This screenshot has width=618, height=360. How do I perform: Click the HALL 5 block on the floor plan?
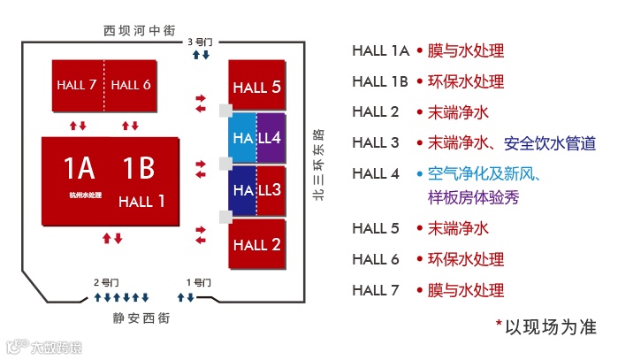point(256,86)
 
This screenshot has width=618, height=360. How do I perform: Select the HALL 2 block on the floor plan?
point(256,244)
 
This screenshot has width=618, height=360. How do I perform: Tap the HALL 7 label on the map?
point(77,85)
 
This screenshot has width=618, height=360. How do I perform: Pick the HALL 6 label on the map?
point(132,85)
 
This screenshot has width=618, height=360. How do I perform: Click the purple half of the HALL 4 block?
point(271,138)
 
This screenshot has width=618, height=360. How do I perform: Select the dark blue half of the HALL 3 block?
point(242,189)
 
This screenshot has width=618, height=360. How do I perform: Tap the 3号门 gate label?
point(201,42)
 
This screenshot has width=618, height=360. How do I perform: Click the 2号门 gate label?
point(106,282)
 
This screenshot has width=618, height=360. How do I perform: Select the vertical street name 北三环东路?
point(318,165)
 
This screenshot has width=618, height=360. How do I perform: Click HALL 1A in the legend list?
point(380,50)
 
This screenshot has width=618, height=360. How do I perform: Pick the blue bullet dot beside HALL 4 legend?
point(420,173)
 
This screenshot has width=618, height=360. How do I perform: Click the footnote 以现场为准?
point(550,326)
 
